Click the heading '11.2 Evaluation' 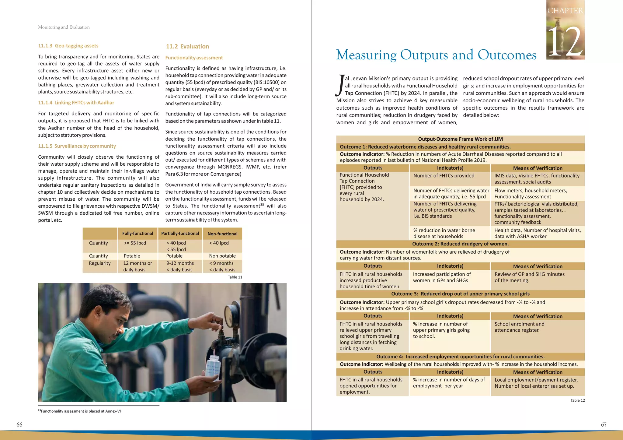tap(187, 47)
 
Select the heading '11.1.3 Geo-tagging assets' tap(68, 46)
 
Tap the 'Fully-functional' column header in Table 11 tap(137, 234)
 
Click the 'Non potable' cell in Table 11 tap(222, 256)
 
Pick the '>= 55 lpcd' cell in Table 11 tap(135, 243)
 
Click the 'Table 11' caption tap(235, 277)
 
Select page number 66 tap(19, 424)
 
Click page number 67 tap(604, 424)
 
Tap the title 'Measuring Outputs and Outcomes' tap(436, 55)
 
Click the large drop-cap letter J tap(340, 85)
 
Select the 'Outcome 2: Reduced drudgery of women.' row tap(460, 244)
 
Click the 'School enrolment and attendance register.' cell tap(519, 327)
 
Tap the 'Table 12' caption tap(577, 400)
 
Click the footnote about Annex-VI tap(80, 411)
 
